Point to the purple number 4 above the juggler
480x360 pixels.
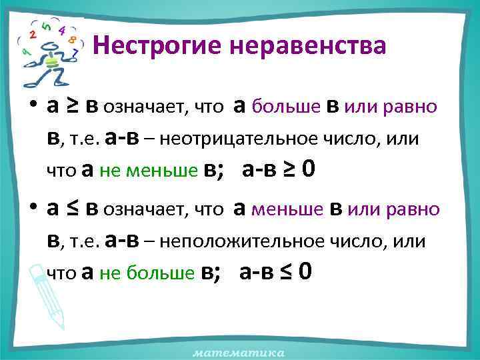point(61,30)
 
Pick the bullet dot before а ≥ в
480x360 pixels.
point(31,107)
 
